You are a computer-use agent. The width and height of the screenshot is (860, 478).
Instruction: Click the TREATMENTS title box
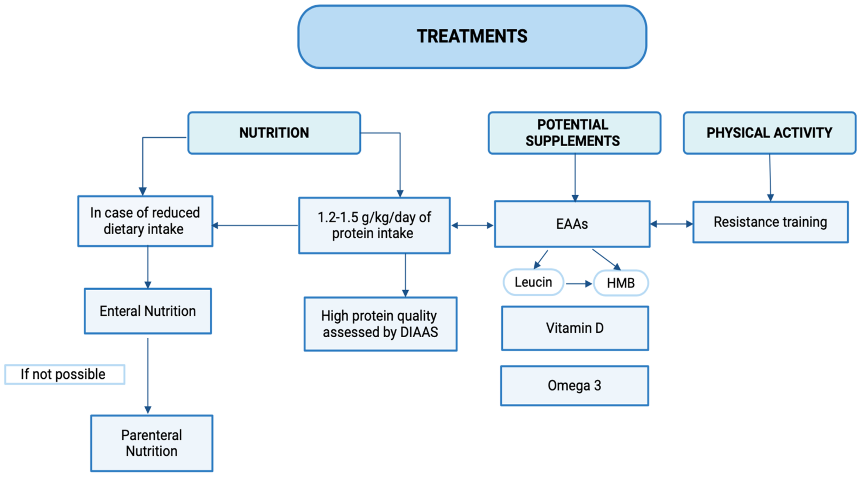[x=472, y=37]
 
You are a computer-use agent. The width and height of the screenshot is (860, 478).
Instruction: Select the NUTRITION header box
[x=274, y=133]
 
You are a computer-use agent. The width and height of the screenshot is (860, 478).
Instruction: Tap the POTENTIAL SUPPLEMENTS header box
[x=574, y=133]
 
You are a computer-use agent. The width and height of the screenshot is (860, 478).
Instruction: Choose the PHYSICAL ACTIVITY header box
[x=769, y=133]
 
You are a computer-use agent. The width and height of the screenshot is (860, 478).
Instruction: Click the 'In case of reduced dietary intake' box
[x=145, y=221]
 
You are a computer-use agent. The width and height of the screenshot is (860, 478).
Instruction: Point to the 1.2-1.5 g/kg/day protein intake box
[x=374, y=225]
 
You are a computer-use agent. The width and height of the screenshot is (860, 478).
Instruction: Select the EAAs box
[x=572, y=224]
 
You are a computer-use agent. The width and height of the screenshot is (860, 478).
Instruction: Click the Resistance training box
[x=770, y=222]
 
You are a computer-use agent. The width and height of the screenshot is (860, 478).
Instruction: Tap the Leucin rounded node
[x=533, y=282]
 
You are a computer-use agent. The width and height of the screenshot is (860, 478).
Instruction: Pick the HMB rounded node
[x=621, y=283]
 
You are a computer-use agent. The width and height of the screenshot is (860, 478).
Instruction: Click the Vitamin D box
[x=575, y=328]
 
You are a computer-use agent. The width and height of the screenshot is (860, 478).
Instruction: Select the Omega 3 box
[x=574, y=386]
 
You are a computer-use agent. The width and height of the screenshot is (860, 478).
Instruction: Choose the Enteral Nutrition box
[x=148, y=311]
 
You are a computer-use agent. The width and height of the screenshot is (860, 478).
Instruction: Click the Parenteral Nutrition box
[x=152, y=443]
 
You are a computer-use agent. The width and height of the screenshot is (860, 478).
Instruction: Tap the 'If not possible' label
[x=64, y=374]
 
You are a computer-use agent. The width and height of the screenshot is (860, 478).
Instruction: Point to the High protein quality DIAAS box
[x=380, y=324]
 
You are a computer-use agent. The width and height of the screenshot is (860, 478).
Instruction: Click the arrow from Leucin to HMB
[x=579, y=284]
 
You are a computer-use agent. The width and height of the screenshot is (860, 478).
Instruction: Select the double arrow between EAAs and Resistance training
[x=671, y=224]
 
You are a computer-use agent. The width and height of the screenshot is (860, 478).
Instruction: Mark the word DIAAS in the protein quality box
[x=419, y=332]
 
